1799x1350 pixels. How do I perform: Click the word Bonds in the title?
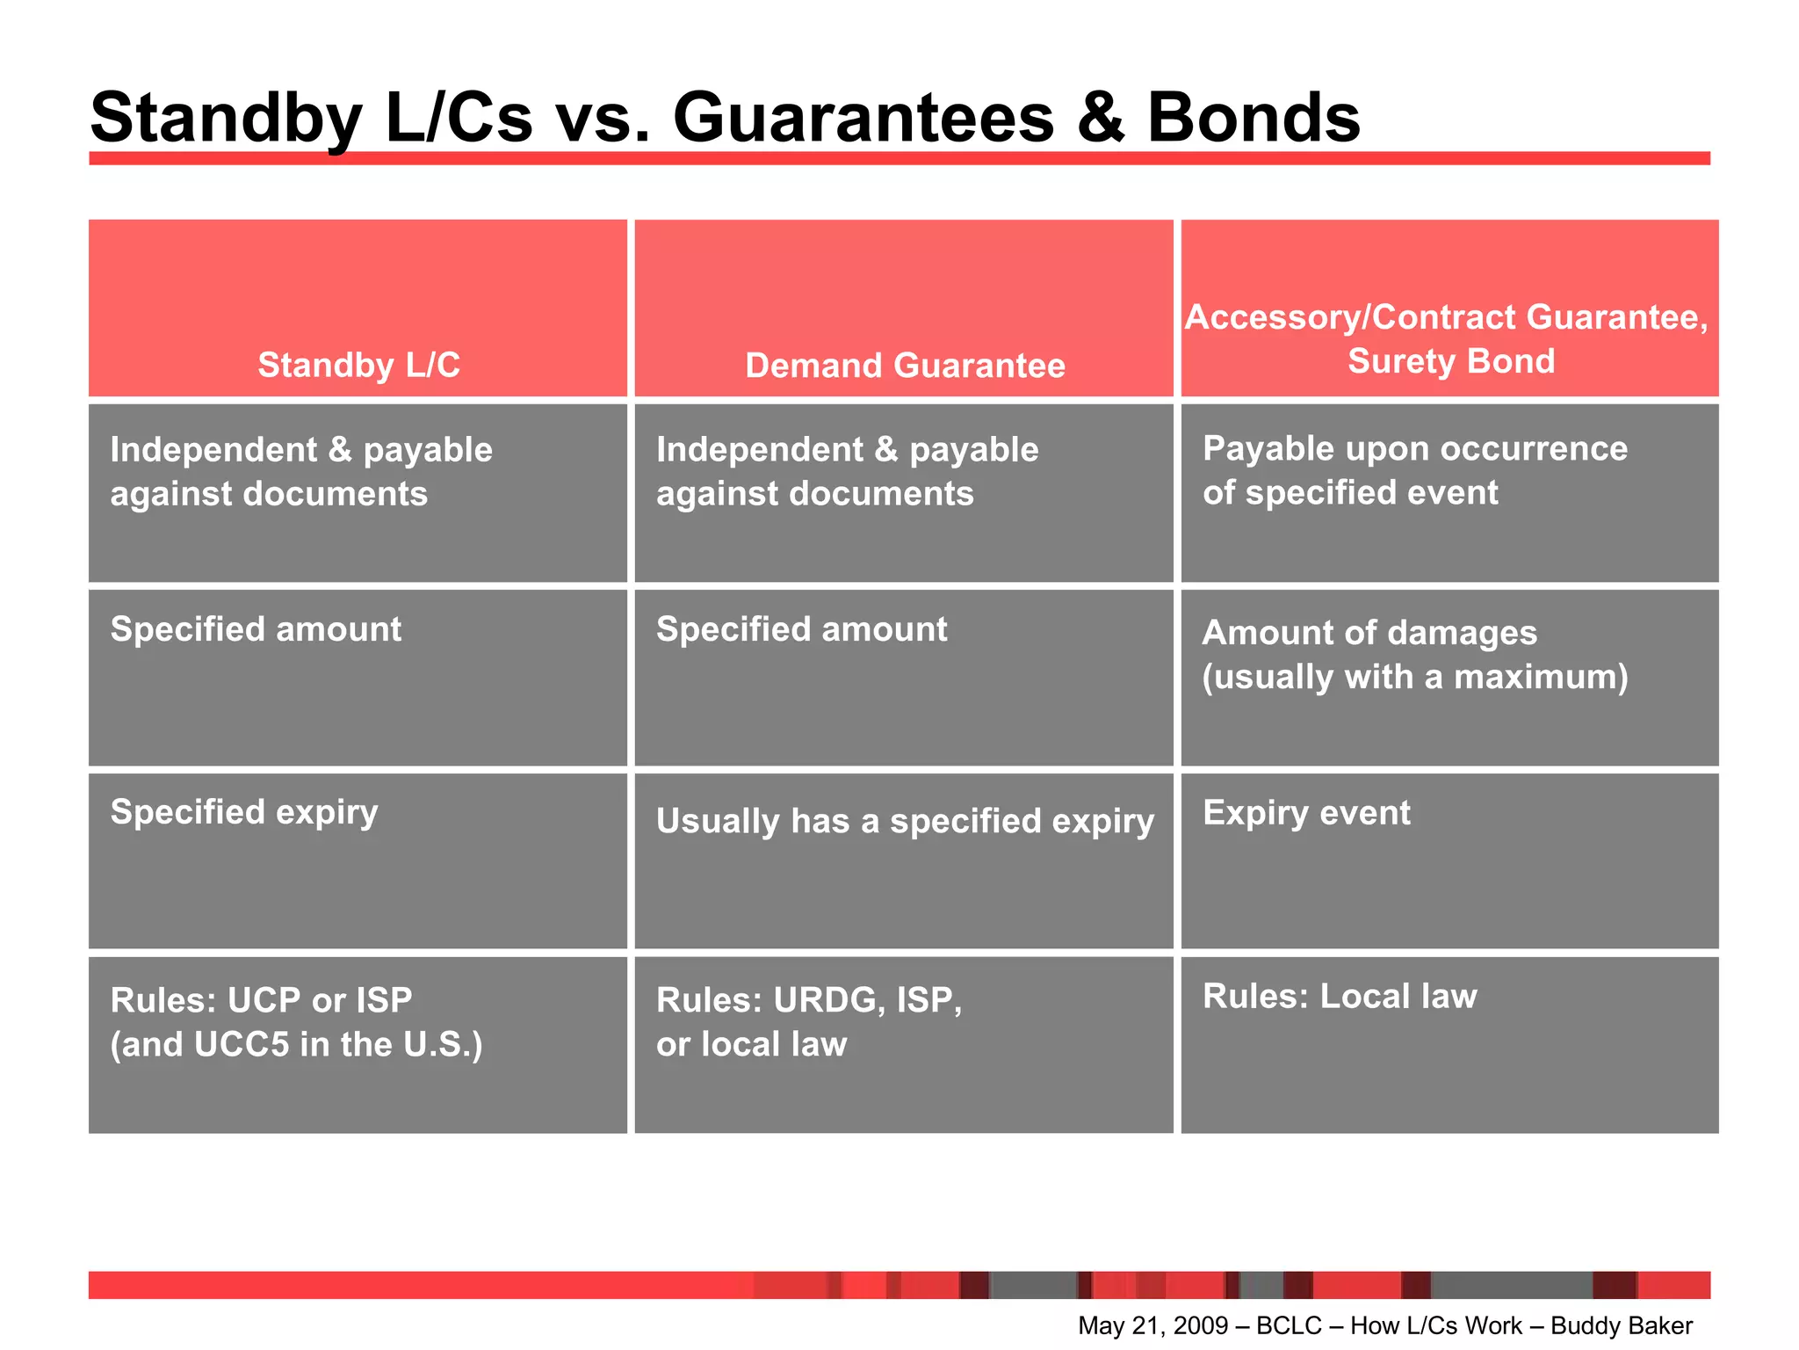[1254, 118]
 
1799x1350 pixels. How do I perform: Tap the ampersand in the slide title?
[1100, 118]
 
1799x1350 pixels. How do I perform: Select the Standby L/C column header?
[358, 365]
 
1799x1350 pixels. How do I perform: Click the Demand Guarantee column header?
[905, 365]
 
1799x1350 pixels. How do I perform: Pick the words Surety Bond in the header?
[1451, 361]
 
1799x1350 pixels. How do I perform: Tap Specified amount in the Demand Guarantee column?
[801, 629]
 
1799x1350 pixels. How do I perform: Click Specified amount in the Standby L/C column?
[256, 629]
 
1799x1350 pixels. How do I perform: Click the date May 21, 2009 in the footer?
[1152, 1325]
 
